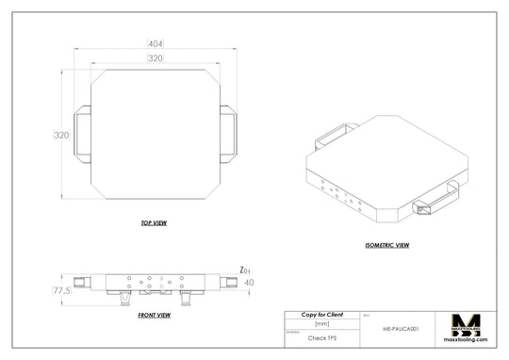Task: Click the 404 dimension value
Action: point(156,43)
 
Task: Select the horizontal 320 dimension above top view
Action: point(156,58)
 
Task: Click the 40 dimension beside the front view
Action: point(250,282)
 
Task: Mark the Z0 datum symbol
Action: point(244,269)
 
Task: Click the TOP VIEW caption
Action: point(154,223)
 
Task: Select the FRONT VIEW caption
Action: point(154,315)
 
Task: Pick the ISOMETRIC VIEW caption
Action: point(386,245)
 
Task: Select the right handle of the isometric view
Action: point(435,201)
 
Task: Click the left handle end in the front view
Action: point(85,281)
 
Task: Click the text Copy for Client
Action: point(321,314)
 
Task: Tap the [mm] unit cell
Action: point(321,323)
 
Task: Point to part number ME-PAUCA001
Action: point(401,330)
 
